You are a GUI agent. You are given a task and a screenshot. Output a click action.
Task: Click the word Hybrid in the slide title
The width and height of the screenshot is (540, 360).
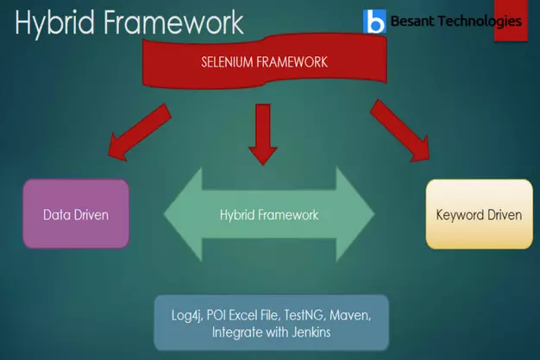click(x=54, y=22)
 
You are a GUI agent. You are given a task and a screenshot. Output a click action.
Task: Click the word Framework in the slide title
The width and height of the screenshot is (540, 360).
click(x=173, y=22)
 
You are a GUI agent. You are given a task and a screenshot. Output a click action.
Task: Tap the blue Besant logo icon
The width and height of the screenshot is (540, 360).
click(x=374, y=22)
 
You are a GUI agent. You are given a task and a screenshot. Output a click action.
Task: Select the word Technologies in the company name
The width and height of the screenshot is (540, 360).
click(x=480, y=22)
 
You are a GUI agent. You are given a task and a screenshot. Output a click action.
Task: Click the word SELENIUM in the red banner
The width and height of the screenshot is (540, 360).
click(x=227, y=62)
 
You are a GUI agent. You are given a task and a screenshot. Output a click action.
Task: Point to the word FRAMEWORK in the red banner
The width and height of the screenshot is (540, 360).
click(x=292, y=62)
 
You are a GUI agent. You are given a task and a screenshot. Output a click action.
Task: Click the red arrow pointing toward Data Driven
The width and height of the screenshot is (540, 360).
click(x=140, y=132)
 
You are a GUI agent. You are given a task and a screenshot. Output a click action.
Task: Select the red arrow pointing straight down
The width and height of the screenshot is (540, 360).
click(x=263, y=135)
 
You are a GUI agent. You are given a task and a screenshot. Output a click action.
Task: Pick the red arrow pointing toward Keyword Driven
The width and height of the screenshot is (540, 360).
click(x=400, y=130)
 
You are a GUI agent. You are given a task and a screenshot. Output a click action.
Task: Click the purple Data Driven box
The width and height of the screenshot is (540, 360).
click(x=76, y=213)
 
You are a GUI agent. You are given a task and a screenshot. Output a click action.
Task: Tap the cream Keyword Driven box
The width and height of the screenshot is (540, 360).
click(x=479, y=214)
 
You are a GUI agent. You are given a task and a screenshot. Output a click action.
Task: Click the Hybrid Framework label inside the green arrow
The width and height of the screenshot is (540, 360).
click(x=269, y=215)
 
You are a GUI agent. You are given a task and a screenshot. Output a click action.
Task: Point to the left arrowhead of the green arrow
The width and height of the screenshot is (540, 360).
click(x=183, y=214)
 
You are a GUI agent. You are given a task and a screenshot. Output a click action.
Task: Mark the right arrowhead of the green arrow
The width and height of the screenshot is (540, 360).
click(x=355, y=214)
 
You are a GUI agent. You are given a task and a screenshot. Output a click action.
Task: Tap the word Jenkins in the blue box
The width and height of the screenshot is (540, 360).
click(x=311, y=332)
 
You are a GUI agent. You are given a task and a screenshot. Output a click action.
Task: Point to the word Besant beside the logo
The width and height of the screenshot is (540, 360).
click(x=412, y=22)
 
